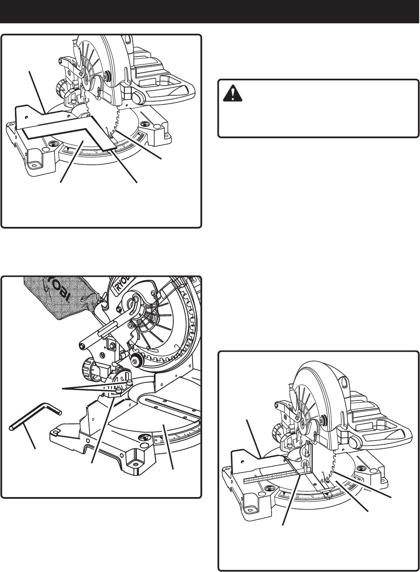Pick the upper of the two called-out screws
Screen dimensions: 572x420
(130, 381)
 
